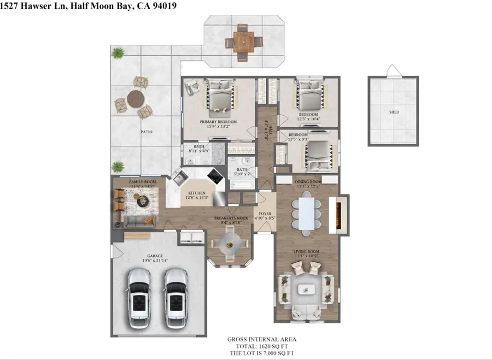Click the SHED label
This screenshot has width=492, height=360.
pos(394,112)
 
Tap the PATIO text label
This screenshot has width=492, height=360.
pos(146,132)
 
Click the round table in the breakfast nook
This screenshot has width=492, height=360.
pos(230,243)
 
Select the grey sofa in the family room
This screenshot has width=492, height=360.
pos(140,221)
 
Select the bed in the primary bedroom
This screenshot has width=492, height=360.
pos(220,98)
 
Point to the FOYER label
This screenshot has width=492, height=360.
pos(265,214)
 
